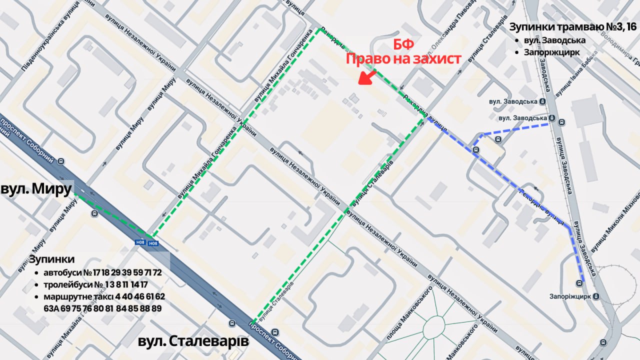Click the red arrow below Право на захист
(368, 77)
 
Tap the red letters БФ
(403, 44)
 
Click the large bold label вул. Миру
(36, 190)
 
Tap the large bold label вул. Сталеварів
(193, 342)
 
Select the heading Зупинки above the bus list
(51, 259)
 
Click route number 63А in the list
(50, 308)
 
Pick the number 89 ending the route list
(156, 308)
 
